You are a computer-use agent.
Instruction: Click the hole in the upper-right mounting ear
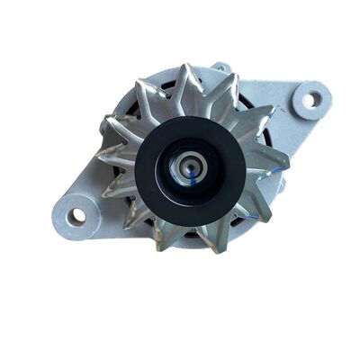click(311, 98)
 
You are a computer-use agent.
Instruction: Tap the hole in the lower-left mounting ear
click(77, 215)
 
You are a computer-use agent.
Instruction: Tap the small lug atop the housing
click(220, 67)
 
